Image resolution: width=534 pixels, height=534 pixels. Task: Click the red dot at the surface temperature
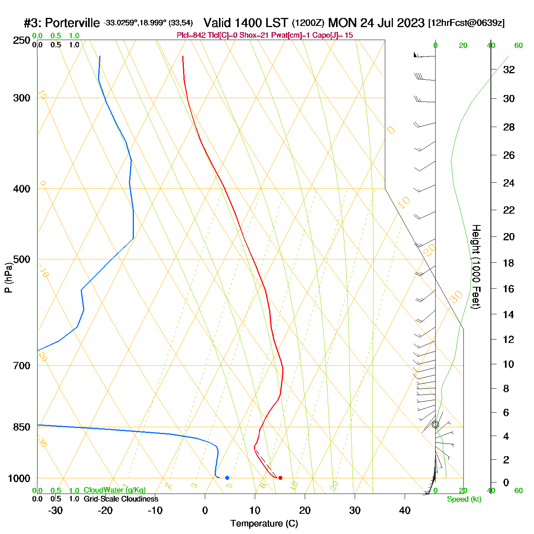coord(280,478)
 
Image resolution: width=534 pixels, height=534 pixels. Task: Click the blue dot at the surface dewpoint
coord(227,478)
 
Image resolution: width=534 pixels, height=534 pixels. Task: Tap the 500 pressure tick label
coord(22,259)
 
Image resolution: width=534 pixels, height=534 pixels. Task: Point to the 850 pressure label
coord(22,427)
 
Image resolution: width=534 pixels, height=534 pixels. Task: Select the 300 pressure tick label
coord(22,98)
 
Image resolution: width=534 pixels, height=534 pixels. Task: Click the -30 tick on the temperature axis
coord(56,510)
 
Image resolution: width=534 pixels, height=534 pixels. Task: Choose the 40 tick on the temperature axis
coord(405,510)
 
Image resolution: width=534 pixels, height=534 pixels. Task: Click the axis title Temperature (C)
coord(264,524)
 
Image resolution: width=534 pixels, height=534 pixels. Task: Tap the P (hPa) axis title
coord(8,277)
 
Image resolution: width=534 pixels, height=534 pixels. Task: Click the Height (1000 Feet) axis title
coord(476,267)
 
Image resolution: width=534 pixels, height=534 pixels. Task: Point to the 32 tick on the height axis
coord(509,70)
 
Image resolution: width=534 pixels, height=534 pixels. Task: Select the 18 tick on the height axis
coord(509,263)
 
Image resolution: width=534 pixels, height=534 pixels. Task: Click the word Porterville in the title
coord(72,23)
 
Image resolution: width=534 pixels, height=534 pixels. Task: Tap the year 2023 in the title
coord(411,23)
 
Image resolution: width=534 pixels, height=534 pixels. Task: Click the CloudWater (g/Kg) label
coord(114,490)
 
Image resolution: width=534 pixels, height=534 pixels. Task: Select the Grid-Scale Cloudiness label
coord(121,499)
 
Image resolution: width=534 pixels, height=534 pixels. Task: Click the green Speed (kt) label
coord(464,499)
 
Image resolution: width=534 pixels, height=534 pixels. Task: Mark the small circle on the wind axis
coord(436,425)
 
